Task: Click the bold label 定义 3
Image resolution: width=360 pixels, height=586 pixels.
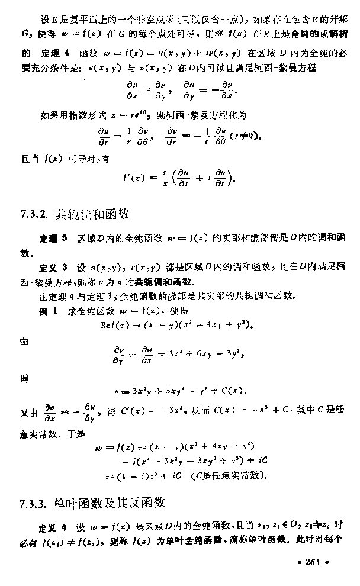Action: (x=52, y=267)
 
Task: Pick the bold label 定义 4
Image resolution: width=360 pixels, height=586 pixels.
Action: (x=52, y=526)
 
